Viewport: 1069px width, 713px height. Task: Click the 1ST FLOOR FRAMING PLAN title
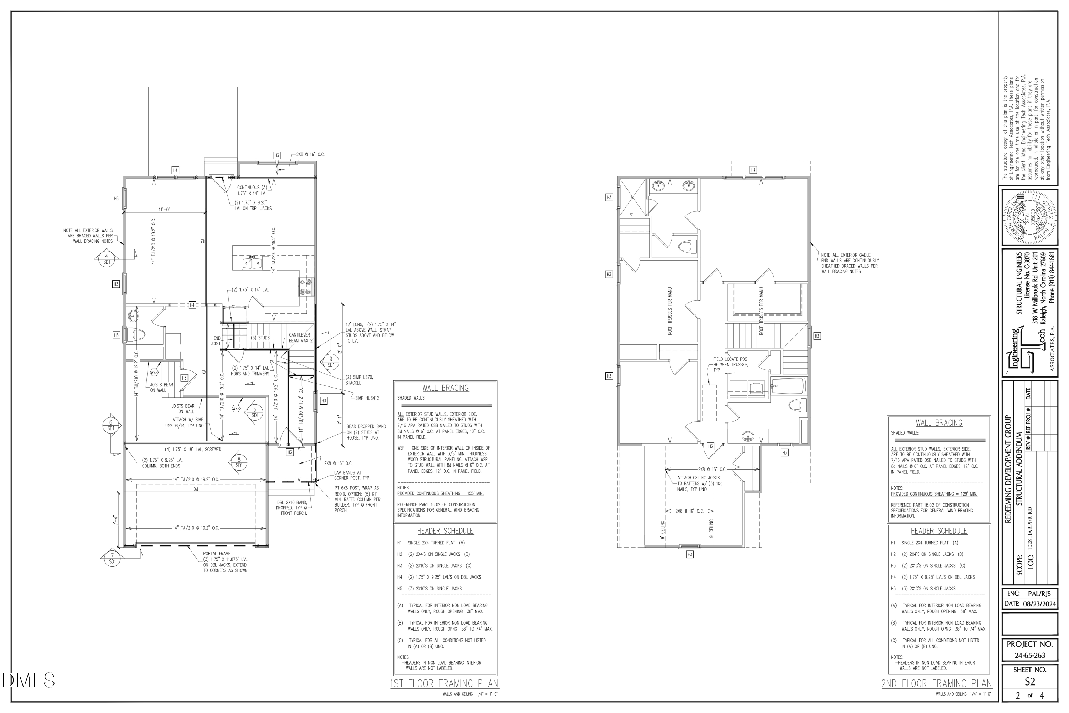[444, 683]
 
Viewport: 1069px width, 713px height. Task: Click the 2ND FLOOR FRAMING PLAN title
[937, 683]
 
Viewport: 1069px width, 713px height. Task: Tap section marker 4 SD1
[107, 259]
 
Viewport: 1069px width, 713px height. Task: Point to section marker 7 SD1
[112, 558]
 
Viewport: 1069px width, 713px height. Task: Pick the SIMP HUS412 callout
[367, 398]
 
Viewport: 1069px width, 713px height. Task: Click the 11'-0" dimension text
[165, 210]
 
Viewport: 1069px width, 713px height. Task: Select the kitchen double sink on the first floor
[252, 263]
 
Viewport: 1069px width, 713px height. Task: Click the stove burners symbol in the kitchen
[305, 287]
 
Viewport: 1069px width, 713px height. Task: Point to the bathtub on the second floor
[788, 386]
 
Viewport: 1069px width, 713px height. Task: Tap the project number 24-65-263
[1030, 656]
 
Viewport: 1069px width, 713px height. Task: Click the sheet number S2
[1030, 682]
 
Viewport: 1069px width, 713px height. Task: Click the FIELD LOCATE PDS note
[730, 365]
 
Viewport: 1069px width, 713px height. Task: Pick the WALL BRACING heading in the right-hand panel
[939, 423]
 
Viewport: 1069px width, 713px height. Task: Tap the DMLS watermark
[29, 680]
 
